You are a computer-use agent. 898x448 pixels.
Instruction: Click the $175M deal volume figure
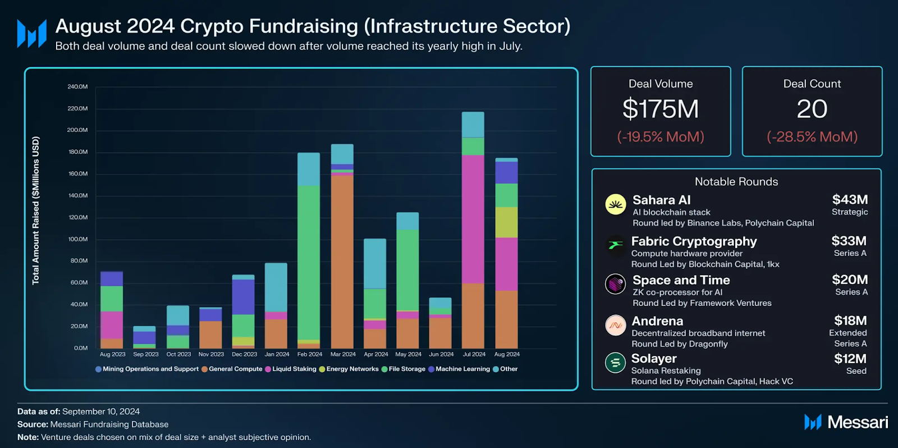click(x=661, y=109)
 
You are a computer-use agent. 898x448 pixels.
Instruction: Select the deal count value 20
click(x=812, y=109)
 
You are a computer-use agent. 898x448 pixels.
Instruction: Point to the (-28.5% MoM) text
click(x=812, y=137)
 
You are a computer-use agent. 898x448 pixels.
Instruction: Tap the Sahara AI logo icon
click(x=616, y=204)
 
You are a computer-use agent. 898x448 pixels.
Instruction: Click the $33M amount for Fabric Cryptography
click(x=849, y=241)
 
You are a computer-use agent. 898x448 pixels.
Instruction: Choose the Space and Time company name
click(x=681, y=280)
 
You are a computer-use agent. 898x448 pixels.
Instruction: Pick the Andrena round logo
click(x=616, y=325)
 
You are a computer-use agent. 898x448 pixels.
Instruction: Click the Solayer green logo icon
click(x=616, y=363)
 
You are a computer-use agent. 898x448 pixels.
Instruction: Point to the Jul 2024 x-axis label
click(x=474, y=354)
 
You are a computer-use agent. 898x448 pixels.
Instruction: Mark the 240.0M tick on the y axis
click(x=77, y=86)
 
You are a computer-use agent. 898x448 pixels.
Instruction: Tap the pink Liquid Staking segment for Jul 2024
click(x=473, y=219)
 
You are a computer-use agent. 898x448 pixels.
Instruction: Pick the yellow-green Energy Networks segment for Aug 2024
click(x=506, y=222)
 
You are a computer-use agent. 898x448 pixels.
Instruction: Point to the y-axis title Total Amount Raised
click(x=36, y=211)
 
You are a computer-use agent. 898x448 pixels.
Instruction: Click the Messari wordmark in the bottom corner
click(x=857, y=422)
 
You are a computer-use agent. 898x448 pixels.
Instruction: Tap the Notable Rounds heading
click(x=736, y=182)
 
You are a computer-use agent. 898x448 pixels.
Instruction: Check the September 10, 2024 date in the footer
click(x=101, y=412)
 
